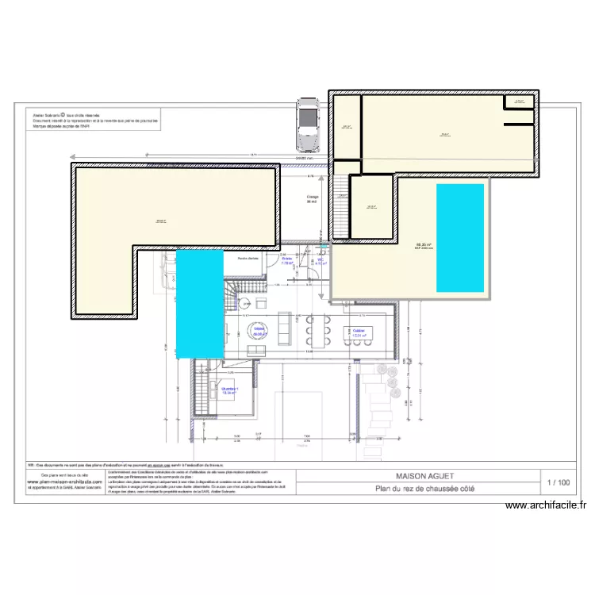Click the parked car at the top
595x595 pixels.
305,125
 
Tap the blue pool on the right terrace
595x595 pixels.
460,238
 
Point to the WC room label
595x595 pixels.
321,261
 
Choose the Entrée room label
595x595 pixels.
287,261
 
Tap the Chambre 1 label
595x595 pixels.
230,390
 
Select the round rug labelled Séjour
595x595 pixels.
259,332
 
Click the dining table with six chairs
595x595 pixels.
316,332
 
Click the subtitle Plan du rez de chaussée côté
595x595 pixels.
424,489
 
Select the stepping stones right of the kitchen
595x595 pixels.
388,381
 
